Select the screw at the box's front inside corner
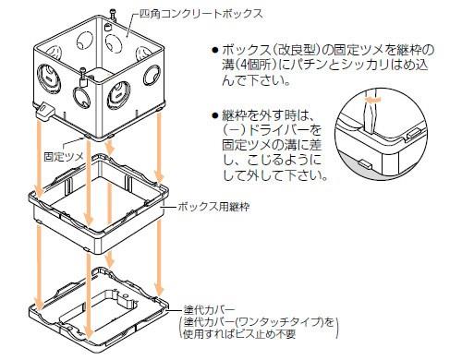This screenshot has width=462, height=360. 84,73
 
